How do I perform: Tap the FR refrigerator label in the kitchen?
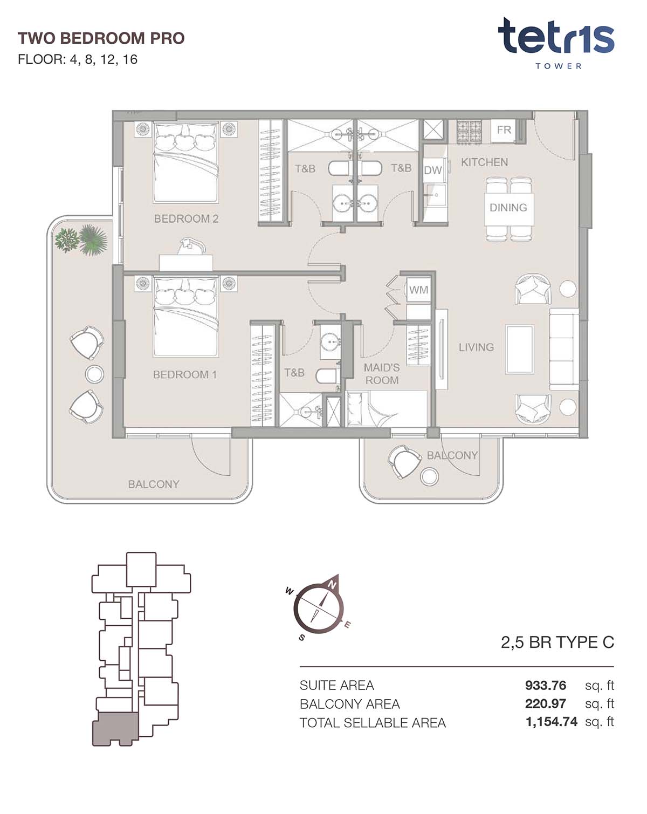pyautogui.click(x=504, y=130)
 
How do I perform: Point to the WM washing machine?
pyautogui.click(x=418, y=290)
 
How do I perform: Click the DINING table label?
pyautogui.click(x=508, y=207)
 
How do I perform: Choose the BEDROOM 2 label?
pyautogui.click(x=186, y=218)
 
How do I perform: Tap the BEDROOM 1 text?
pyautogui.click(x=184, y=374)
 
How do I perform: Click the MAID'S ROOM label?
pyautogui.click(x=382, y=374)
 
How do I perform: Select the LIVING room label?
pyautogui.click(x=476, y=347)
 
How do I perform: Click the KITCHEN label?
pyautogui.click(x=484, y=162)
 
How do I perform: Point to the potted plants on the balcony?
pyautogui.click(x=81, y=240)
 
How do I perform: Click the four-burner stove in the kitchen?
pyautogui.click(x=469, y=132)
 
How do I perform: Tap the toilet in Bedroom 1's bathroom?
pyautogui.click(x=327, y=377)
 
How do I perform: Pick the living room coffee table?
pyautogui.click(x=520, y=350)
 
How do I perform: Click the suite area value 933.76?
pyautogui.click(x=545, y=685)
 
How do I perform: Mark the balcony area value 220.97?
pyautogui.click(x=545, y=703)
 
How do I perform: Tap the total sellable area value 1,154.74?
pyautogui.click(x=552, y=722)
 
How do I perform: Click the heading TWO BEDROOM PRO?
pyautogui.click(x=101, y=38)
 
